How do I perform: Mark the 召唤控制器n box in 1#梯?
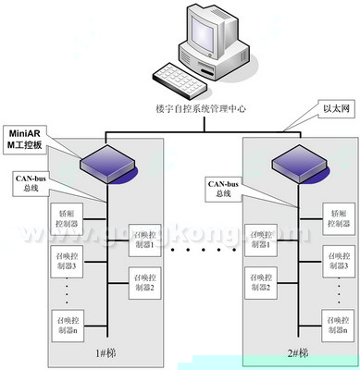click(x=73, y=325)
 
